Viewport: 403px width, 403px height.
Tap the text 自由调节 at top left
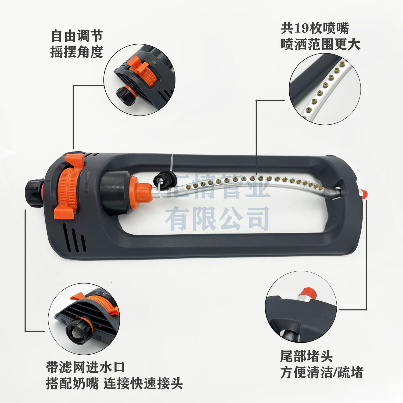pos(77,36)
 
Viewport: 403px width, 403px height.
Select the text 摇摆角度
pos(77,52)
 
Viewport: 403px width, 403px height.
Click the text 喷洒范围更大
pos(321,44)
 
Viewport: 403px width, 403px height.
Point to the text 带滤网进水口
pos(85,367)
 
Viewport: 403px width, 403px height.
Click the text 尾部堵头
pos(306,357)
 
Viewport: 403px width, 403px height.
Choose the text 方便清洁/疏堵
pos(322,373)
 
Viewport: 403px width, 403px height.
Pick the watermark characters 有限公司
pos(217,219)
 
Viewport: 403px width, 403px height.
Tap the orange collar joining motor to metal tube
pos(140,192)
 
